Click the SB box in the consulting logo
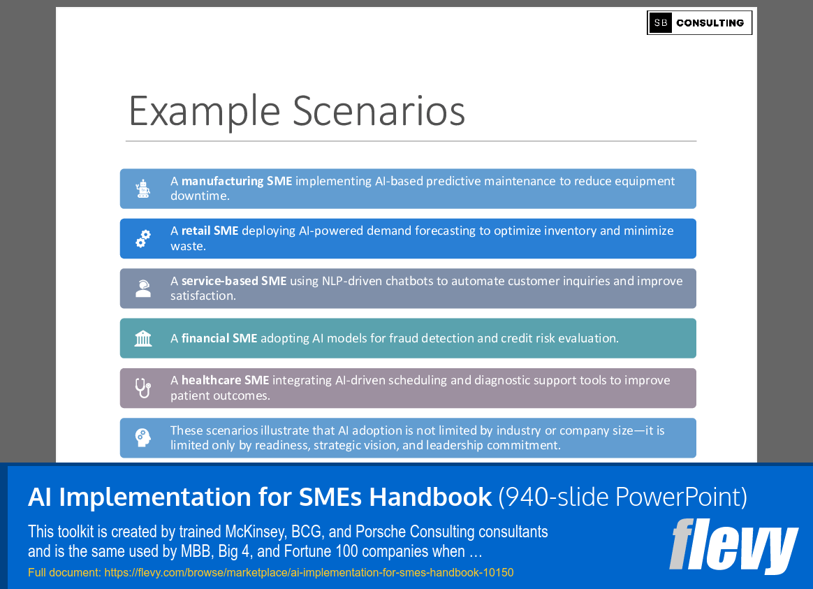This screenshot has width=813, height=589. click(660, 23)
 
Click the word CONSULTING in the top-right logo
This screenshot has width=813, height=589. click(710, 23)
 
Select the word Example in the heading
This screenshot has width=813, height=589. click(204, 110)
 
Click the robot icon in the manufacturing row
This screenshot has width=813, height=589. click(144, 189)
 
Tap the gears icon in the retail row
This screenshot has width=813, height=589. click(143, 239)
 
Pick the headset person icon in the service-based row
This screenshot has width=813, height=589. click(143, 289)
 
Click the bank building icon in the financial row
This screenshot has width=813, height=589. click(143, 338)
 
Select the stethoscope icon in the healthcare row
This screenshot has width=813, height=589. click(143, 388)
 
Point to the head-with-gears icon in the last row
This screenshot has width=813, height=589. click(143, 438)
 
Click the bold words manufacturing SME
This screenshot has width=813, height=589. click(237, 181)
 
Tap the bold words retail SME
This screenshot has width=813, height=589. click(210, 231)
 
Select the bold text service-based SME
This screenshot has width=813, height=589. click(234, 281)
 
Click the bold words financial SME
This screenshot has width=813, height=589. click(219, 338)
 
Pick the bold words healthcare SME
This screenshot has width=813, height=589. click(225, 381)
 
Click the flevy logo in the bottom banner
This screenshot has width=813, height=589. click(733, 546)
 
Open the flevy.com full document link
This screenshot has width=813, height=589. click(308, 573)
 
